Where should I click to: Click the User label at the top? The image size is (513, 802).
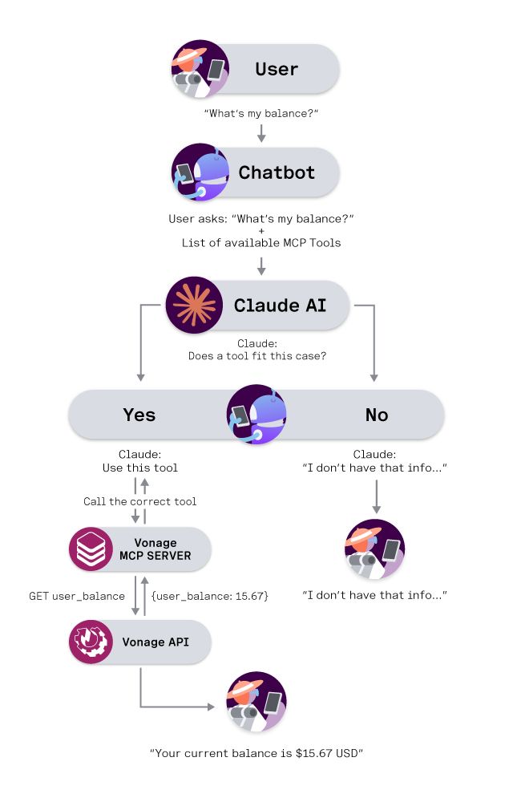coord(277,69)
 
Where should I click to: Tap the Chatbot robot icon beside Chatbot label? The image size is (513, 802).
coord(200,172)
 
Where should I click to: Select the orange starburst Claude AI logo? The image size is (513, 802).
coord(195,306)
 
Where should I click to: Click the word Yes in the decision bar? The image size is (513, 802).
coord(139,415)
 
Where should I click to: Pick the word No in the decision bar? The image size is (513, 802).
coord(377,415)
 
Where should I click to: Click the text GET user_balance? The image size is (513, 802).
coord(77,597)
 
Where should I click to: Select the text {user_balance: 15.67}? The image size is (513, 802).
coord(209,597)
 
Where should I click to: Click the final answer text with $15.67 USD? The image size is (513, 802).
coord(256,754)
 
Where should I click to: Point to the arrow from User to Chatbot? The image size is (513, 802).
coord(261,133)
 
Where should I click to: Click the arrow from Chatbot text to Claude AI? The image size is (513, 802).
coord(261,265)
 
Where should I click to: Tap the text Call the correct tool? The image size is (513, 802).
coord(140,501)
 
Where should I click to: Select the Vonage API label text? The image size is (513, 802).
coord(156,642)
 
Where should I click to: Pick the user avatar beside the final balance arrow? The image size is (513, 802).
coord(256,701)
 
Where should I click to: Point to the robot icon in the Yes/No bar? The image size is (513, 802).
coord(256,415)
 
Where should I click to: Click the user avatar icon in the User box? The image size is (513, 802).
coord(200,69)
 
